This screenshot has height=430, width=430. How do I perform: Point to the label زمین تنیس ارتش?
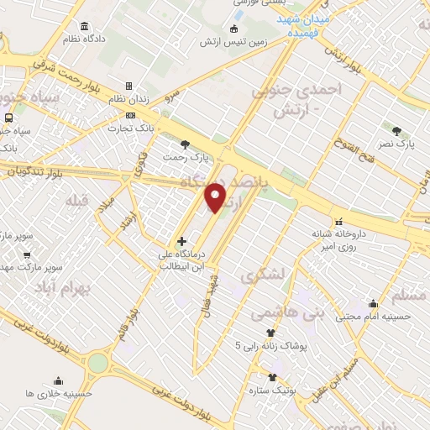tap(232, 43)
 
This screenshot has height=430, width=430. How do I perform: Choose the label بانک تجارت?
tap(129, 128)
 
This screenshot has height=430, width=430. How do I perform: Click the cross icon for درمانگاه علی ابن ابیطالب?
tap(181, 241)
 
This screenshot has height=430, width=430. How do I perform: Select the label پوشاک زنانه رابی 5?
tap(271, 345)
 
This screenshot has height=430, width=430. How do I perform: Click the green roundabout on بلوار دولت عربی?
tap(98, 364)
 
